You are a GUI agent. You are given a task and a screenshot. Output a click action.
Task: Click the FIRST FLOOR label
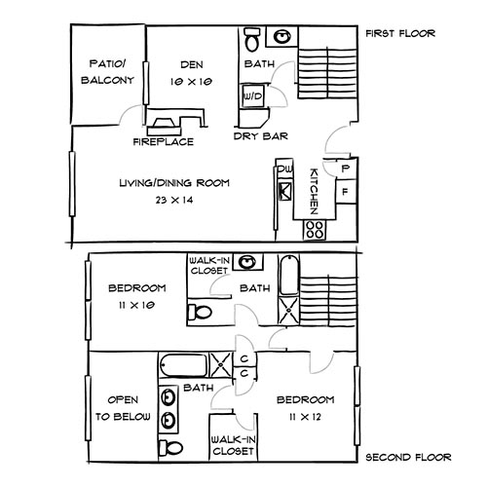point(399,34)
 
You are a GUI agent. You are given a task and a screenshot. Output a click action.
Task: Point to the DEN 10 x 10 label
point(191,73)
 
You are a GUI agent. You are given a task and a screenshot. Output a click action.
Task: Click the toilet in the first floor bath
point(250,40)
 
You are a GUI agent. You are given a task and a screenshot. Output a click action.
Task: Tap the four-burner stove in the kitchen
point(315,229)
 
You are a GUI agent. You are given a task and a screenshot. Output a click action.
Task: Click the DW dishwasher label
point(284,170)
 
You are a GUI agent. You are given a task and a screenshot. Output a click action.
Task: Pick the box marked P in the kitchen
point(346,168)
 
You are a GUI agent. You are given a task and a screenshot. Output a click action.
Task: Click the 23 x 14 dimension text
point(174,199)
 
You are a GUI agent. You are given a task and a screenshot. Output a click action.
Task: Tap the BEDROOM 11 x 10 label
point(136,296)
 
